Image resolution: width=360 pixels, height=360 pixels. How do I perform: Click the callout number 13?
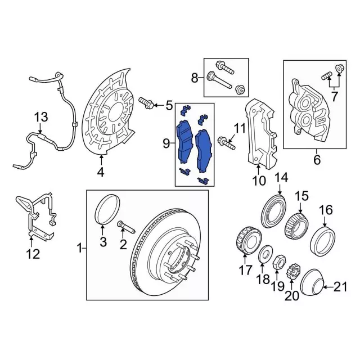(41, 117)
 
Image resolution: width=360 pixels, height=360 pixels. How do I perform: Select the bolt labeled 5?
(146, 103)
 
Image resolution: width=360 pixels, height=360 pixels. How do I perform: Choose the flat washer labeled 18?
(265, 254)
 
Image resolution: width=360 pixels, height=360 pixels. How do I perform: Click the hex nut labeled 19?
(279, 262)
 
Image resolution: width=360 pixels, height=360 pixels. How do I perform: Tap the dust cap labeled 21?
(312, 282)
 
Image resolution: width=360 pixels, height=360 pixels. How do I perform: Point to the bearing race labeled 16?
(322, 241)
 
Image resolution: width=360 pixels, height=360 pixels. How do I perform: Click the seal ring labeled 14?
(274, 211)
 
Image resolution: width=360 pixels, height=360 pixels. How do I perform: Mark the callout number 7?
(334, 97)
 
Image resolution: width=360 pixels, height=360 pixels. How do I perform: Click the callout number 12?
(33, 254)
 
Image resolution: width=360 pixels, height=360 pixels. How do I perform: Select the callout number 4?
(101, 172)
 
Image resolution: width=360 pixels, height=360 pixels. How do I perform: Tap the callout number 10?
(259, 181)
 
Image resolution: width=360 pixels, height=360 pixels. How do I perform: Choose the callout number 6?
(317, 160)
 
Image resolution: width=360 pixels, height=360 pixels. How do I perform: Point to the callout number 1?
(79, 248)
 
